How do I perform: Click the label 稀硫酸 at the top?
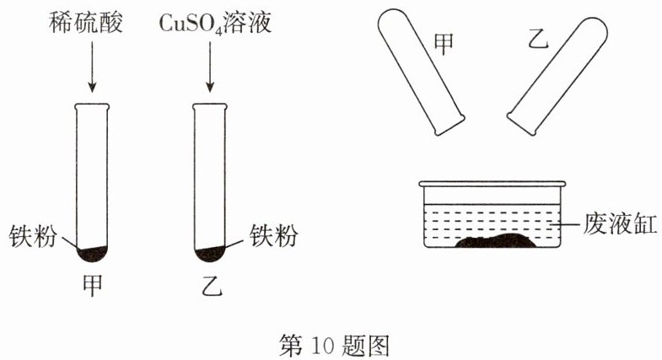pyautogui.click(x=86, y=22)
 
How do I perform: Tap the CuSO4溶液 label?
pyautogui.click(x=215, y=23)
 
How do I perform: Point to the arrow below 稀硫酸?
pyautogui.click(x=92, y=67)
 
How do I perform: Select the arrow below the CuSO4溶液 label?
pyautogui.click(x=210, y=67)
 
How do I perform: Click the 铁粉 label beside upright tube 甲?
pyautogui.click(x=33, y=235)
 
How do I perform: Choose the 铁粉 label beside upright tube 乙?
pyautogui.click(x=274, y=234)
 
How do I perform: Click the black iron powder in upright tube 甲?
pyautogui.click(x=92, y=254)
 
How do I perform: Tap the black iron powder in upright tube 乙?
pyautogui.click(x=210, y=254)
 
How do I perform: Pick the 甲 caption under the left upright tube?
pyautogui.click(x=92, y=286)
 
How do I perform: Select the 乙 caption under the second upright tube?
pyautogui.click(x=212, y=286)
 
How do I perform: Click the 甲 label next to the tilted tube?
pyautogui.click(x=444, y=44)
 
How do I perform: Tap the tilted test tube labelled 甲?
pyautogui.click(x=421, y=71)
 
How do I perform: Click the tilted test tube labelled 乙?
pyautogui.click(x=557, y=76)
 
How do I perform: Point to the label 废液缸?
pyautogui.click(x=620, y=223)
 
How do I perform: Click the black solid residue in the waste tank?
pyautogui.click(x=495, y=240)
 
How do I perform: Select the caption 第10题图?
pyautogui.click(x=334, y=345)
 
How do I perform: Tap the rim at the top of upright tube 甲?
pyautogui.click(x=92, y=107)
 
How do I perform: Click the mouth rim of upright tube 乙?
pyautogui.click(x=210, y=107)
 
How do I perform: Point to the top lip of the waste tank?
pyautogui.click(x=492, y=184)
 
